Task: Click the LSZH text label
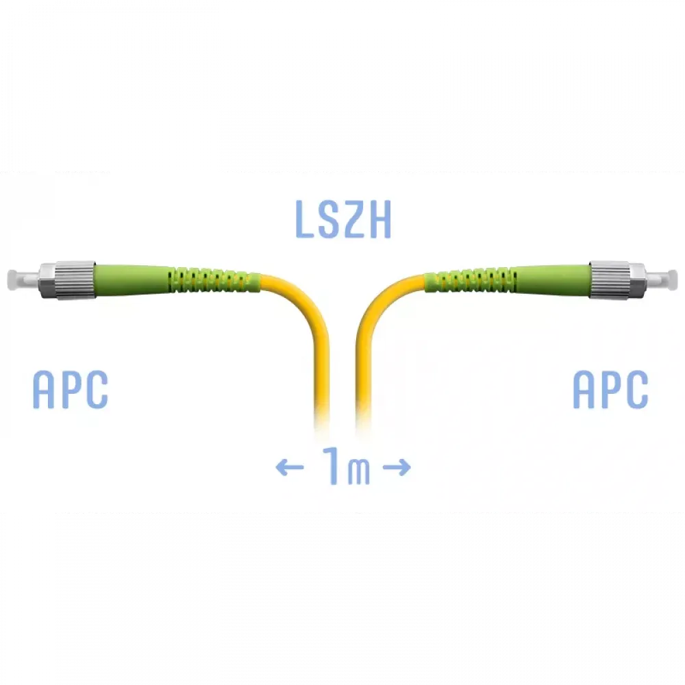coord(343,219)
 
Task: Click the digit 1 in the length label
coord(333,465)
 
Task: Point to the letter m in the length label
coord(359,472)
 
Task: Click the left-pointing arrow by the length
coord(290,467)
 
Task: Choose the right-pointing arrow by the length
coord(396,467)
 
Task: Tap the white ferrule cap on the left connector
coord(23,279)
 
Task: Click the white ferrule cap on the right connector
coord(661,279)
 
